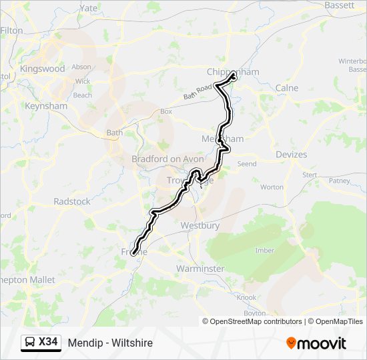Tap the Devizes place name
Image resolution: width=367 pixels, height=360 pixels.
pyautogui.click(x=291, y=155)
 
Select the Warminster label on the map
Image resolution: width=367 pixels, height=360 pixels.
pyautogui.click(x=200, y=269)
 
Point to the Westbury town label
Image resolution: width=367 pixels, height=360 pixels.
pyautogui.click(x=200, y=226)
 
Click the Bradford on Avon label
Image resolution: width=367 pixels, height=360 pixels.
pyautogui.click(x=157, y=159)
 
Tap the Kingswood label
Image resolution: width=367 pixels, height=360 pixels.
pyautogui.click(x=43, y=69)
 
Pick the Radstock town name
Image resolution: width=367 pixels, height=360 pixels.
pyautogui.click(x=71, y=201)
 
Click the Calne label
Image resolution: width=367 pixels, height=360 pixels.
pyautogui.click(x=287, y=88)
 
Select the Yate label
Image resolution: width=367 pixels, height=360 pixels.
pyautogui.click(x=88, y=8)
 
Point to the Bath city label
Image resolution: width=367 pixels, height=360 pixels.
pyautogui.click(x=115, y=133)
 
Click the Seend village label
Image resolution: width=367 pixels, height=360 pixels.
pyautogui.click(x=246, y=163)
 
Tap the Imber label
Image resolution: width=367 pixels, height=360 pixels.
pyautogui.click(x=265, y=251)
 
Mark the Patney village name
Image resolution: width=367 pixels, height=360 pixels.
pyautogui.click(x=339, y=181)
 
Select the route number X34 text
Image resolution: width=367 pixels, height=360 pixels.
pyautogui.click(x=48, y=343)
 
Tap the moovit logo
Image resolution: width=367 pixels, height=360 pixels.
pyautogui.click(x=316, y=343)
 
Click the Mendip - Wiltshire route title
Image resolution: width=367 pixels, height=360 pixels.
pyautogui.click(x=110, y=343)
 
